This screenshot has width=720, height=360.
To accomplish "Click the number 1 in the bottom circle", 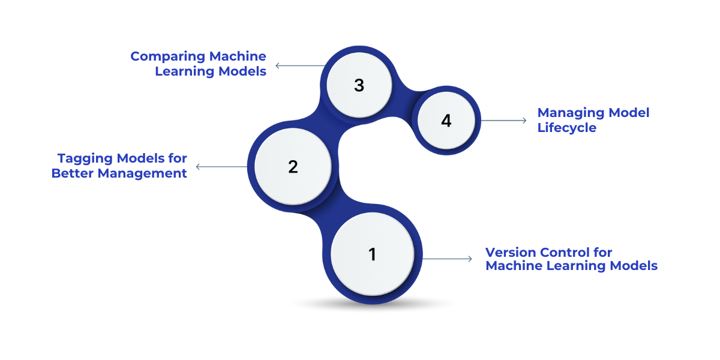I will pyautogui.click(x=372, y=254).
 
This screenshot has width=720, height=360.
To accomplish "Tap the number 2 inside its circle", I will pyautogui.click(x=293, y=167).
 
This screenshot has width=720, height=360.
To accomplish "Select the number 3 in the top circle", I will pyautogui.click(x=359, y=86).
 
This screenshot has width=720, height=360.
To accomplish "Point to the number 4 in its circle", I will pyautogui.click(x=446, y=121).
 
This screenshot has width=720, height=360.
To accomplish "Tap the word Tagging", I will pyautogui.click(x=84, y=159).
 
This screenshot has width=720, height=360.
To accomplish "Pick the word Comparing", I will pyautogui.click(x=167, y=57).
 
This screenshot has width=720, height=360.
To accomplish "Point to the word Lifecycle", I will pyautogui.click(x=566, y=127).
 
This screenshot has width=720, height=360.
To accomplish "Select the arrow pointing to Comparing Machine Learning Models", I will pyautogui.click(x=299, y=65).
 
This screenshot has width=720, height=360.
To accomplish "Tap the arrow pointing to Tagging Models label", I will pyautogui.click(x=221, y=167).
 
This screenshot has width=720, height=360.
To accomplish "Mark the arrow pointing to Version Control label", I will pyautogui.click(x=448, y=259).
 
